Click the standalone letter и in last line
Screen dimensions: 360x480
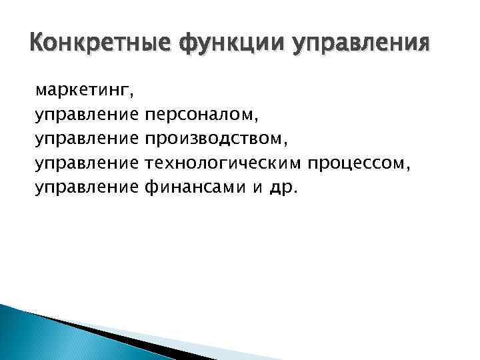[x=257, y=189]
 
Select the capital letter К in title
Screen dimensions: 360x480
[x=39, y=45]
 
